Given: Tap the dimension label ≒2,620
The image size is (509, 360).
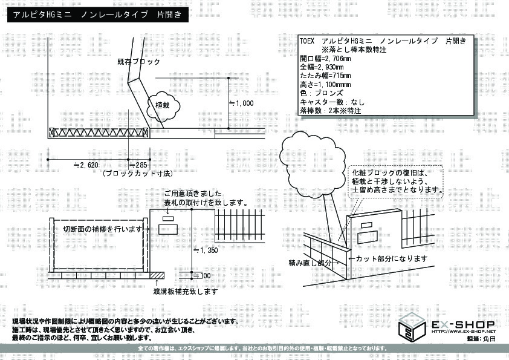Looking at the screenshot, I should pos(85,164).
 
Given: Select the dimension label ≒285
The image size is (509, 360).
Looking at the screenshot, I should pos(138,164).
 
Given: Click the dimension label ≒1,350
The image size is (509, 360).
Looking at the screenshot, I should pos(205,249).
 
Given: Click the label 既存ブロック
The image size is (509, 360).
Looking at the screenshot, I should pos(139,62).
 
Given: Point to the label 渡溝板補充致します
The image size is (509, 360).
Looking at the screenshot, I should pos(186,291).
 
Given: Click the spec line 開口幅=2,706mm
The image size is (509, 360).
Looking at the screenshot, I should pos(325,59).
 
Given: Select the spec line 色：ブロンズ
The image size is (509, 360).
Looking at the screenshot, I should pos(321,93).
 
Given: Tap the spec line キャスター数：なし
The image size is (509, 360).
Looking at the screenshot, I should pos(332,102).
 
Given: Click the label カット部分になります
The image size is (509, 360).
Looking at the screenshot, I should pos(392,259).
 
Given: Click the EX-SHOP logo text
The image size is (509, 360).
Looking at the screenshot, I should pos(463,325).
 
